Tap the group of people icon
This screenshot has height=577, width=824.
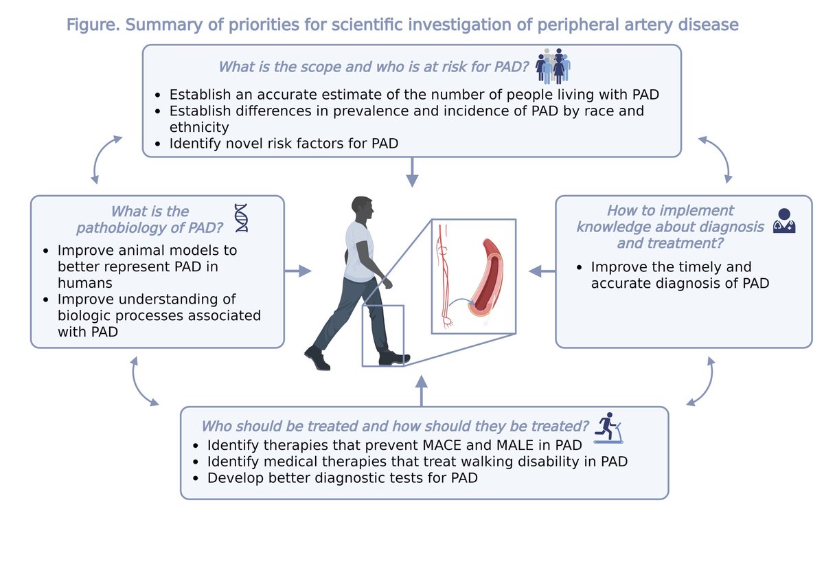(553, 66)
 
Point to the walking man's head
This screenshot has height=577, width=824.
(363, 210)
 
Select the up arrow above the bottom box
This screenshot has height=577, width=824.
(422, 389)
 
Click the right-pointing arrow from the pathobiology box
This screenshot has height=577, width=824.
(297, 272)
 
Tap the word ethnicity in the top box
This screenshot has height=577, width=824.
(199, 127)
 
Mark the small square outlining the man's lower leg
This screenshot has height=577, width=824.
(382, 335)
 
